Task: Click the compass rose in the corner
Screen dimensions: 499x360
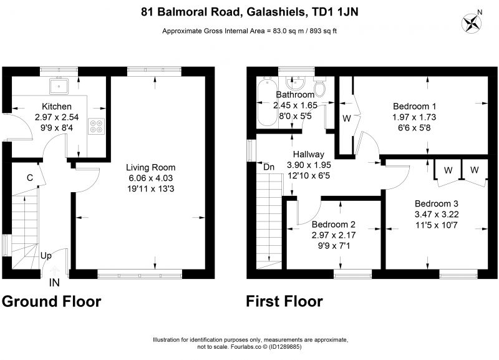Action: coord(472,22)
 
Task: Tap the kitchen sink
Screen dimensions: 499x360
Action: coord(59,85)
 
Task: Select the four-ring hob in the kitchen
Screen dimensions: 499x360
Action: coord(97,126)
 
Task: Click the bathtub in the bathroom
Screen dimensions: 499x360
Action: coord(267,102)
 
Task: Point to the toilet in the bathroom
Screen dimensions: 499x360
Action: coord(319,86)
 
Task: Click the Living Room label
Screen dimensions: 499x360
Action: coord(150,167)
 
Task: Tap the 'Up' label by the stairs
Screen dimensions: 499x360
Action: coord(46,256)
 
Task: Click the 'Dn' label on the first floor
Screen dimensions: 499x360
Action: coord(269,167)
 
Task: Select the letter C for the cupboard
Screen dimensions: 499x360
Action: coord(29,178)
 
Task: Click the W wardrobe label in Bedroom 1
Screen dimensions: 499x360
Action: coord(347,119)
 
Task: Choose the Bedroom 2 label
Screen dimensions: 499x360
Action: coord(334,225)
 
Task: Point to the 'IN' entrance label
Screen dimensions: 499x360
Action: coord(54,283)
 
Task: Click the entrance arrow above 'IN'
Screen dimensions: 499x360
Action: coord(54,271)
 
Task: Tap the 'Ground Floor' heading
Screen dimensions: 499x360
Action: coord(52,301)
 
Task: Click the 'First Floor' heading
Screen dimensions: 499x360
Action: coord(284,301)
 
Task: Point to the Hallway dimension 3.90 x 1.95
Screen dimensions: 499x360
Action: coord(309,165)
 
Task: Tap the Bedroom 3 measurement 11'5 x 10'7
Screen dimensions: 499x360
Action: coord(436,225)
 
